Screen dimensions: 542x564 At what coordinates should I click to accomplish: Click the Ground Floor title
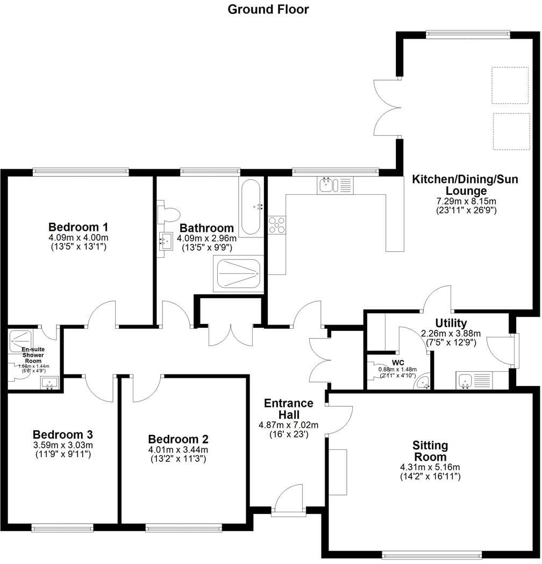(x=268, y=9)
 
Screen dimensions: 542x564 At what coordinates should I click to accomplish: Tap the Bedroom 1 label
(x=78, y=227)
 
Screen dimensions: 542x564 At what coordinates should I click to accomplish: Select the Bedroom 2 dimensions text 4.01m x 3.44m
(x=179, y=449)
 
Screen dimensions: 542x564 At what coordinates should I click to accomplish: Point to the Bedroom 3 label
(x=63, y=434)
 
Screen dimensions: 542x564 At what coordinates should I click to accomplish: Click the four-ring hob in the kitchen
(x=277, y=225)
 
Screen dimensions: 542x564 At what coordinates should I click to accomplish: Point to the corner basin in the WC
(x=423, y=382)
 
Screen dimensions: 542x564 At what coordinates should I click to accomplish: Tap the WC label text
(x=398, y=362)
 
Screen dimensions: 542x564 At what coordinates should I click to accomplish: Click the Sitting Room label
(x=430, y=451)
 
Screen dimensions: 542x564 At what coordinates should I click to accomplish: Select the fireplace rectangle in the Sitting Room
(x=338, y=472)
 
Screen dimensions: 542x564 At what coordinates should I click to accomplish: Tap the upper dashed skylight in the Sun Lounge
(x=510, y=85)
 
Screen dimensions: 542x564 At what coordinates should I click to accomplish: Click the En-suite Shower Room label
(x=33, y=355)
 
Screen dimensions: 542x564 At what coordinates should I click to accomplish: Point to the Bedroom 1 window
(x=81, y=172)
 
